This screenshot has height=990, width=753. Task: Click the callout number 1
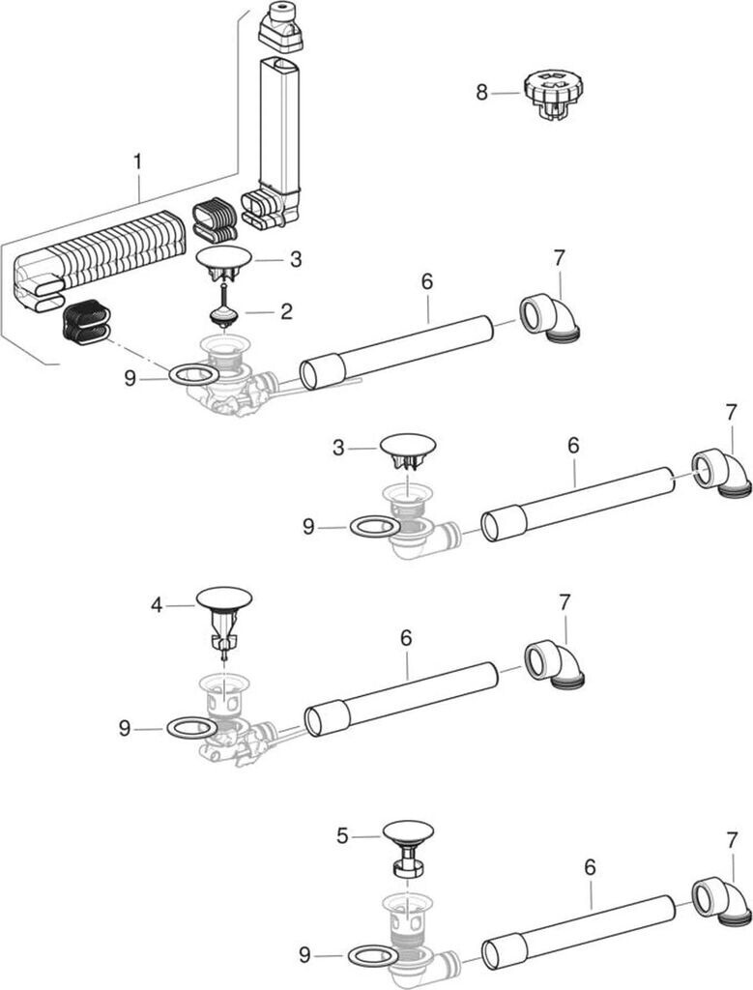click(x=137, y=161)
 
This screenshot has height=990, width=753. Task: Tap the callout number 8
click(x=482, y=93)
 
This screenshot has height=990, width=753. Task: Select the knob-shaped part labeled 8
click(x=548, y=95)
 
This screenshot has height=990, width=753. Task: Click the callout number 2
click(x=286, y=311)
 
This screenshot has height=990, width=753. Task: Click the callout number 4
click(x=157, y=605)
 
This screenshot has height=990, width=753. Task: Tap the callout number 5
click(x=342, y=836)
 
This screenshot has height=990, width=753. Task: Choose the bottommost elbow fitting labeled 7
click(x=721, y=903)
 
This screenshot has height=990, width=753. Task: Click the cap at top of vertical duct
click(x=281, y=28)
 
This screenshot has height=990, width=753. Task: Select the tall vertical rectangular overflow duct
click(x=278, y=127)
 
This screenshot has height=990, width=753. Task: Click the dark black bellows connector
click(x=86, y=322)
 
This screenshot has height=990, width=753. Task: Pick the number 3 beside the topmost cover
click(x=296, y=259)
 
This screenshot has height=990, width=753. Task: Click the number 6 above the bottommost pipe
click(x=591, y=867)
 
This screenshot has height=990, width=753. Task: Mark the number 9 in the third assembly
click(x=125, y=729)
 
